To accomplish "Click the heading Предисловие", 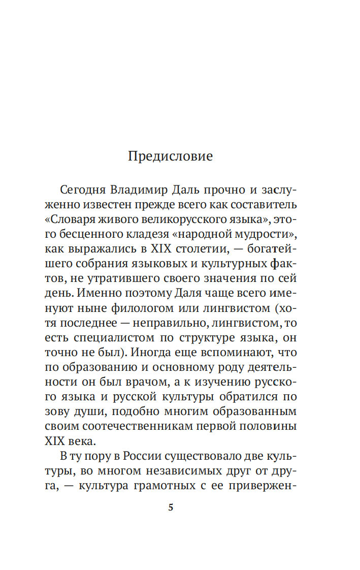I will [x=170, y=156].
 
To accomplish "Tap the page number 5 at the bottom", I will [x=171, y=507].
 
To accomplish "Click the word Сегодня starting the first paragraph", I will [x=82, y=191].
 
